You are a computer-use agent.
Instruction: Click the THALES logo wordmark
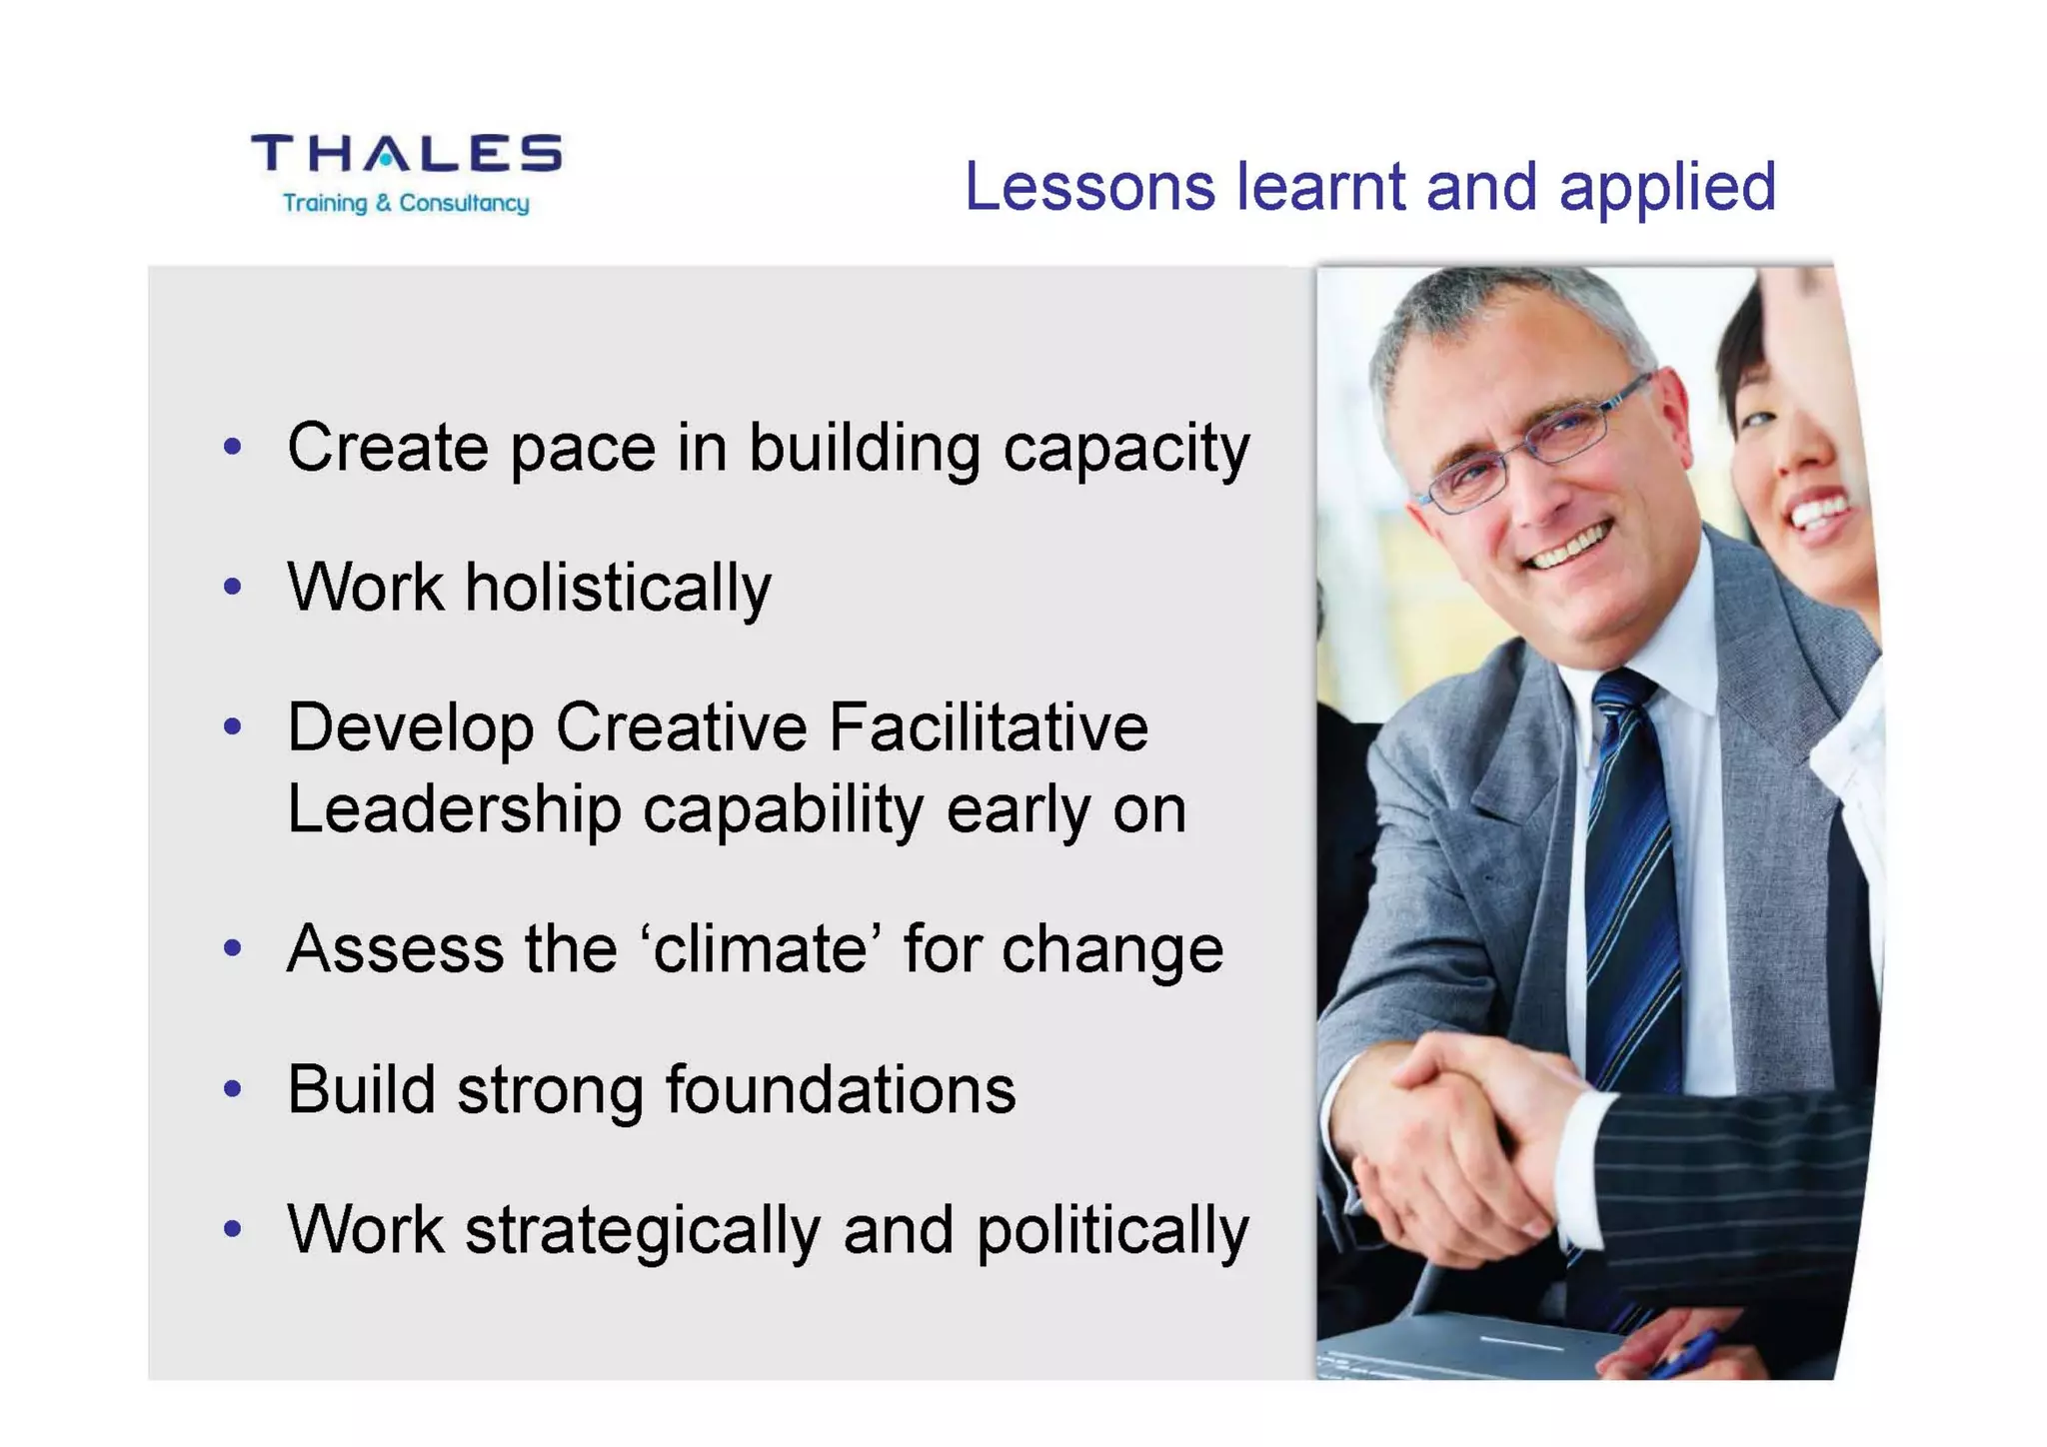(406, 154)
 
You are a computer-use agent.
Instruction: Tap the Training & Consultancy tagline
(406, 204)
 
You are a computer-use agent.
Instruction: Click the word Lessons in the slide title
(1088, 187)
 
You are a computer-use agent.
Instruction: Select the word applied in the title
(1667, 189)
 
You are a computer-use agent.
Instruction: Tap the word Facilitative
(989, 727)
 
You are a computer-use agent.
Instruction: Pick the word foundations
(841, 1089)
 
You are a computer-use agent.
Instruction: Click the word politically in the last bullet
(1112, 1231)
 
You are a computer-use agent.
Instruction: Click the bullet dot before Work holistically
(233, 587)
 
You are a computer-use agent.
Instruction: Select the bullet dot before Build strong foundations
(233, 1088)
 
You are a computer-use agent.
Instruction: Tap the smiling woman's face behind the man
(1799, 450)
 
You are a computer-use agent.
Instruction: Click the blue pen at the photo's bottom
(1689, 1354)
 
